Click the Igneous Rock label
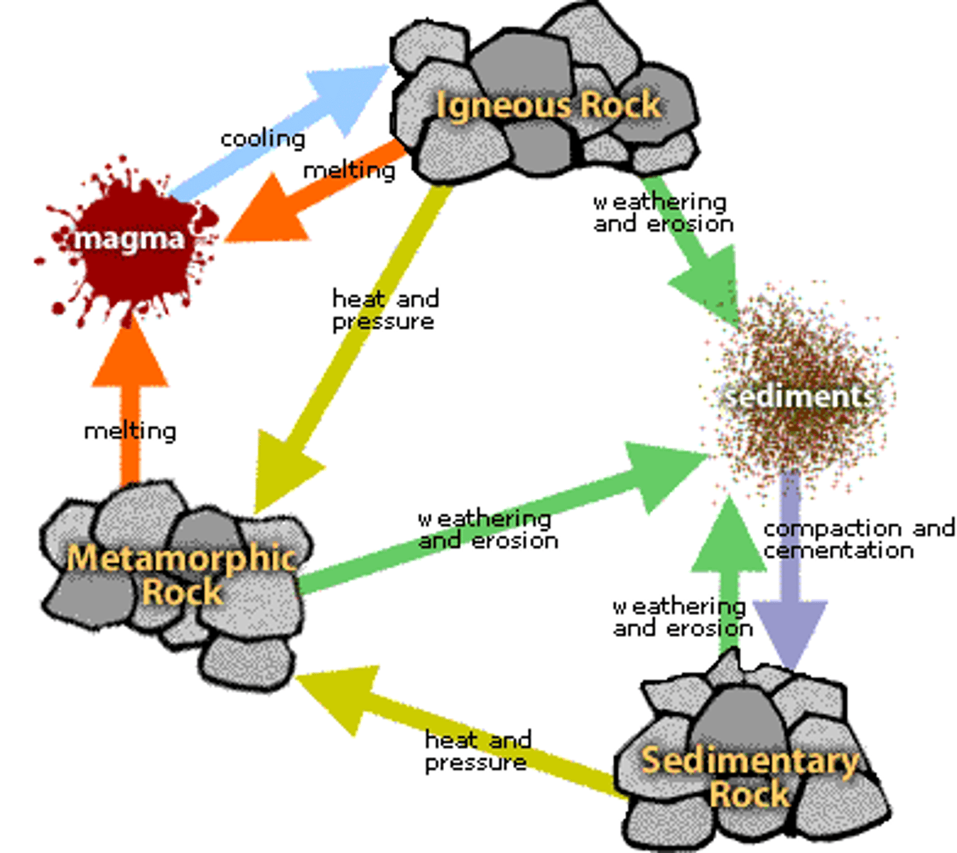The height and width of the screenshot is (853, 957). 548,106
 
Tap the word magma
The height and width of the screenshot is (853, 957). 129,239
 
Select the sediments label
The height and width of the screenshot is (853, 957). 799,396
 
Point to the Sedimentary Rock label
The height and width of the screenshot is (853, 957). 750,777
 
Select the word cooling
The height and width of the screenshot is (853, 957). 263,139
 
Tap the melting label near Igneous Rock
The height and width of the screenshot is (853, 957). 349,171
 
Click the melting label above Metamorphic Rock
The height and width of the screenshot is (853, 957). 130,431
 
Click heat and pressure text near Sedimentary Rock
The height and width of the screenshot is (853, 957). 477,751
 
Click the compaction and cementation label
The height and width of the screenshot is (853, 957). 858,540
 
